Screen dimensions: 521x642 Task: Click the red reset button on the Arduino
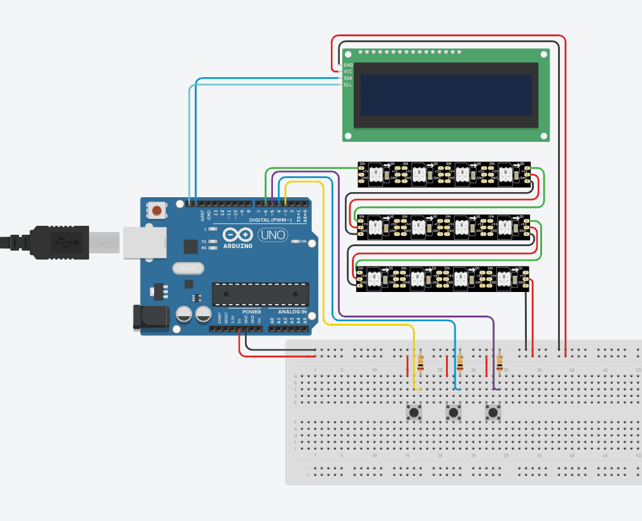(x=156, y=209)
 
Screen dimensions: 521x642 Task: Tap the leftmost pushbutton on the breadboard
(x=414, y=413)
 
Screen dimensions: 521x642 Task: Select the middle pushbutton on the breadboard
(x=453, y=413)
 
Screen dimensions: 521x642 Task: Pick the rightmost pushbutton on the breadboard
(x=492, y=413)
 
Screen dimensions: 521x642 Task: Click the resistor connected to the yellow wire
(x=421, y=362)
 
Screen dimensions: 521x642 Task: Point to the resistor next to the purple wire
(x=499, y=362)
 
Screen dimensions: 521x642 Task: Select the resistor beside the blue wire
(x=460, y=362)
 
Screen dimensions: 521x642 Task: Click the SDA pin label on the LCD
(x=347, y=78)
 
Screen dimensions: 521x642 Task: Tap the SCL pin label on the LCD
(x=347, y=85)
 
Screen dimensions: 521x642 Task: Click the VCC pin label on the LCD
(x=347, y=71)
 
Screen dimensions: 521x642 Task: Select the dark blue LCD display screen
(x=445, y=95)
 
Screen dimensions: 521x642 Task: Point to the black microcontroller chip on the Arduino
(x=260, y=293)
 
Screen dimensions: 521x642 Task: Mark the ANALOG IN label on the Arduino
(x=292, y=312)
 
